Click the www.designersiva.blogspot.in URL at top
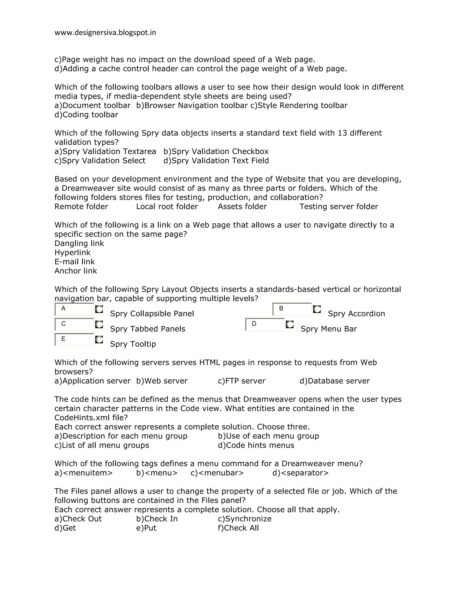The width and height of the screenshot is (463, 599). point(105,33)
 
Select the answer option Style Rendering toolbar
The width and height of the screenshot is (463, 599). point(299,105)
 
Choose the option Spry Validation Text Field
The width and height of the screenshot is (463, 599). point(216,160)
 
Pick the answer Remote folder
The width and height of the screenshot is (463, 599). point(81,207)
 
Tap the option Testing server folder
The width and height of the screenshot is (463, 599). point(338,207)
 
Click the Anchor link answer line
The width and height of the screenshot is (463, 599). point(76,271)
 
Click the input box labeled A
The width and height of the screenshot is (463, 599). point(74,309)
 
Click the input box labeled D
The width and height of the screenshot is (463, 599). point(265,324)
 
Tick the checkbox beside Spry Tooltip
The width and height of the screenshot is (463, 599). point(99,340)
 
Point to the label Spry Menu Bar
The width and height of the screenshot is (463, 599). point(328,329)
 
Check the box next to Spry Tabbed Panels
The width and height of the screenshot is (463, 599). point(99,324)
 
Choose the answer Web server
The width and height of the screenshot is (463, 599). point(162,381)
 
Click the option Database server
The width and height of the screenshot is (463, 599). point(335,381)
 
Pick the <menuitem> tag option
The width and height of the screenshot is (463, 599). point(84,473)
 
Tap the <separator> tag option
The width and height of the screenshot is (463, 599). point(300,473)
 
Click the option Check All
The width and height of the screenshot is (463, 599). point(238,528)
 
